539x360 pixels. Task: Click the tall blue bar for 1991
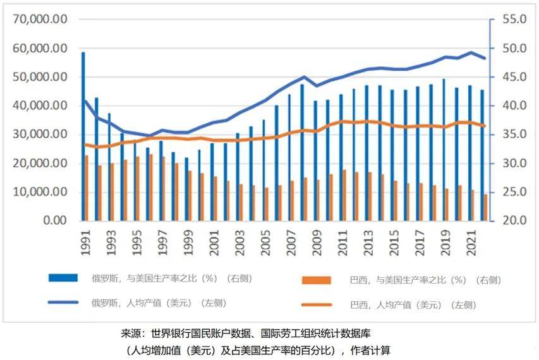pos(83,136)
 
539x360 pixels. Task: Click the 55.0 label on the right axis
pos(514,20)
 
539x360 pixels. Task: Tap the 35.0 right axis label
pos(514,135)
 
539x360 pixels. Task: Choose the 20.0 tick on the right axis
pos(514,221)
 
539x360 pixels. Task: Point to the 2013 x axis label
pos(368,243)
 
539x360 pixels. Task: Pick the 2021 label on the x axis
pos(471,243)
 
